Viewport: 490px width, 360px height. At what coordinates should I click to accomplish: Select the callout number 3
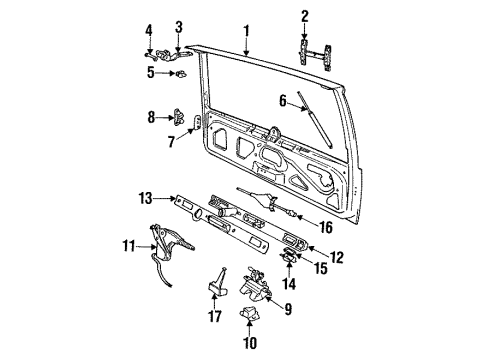coord(179,26)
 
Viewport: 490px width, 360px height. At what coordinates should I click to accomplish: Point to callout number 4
coord(150,29)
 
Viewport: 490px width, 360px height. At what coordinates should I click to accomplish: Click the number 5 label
coord(150,72)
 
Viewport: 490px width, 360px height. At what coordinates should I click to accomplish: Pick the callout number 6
coord(283,99)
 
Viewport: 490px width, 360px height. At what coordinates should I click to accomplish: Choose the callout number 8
coord(152,117)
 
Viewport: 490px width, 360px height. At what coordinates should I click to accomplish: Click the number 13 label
coord(145,196)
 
